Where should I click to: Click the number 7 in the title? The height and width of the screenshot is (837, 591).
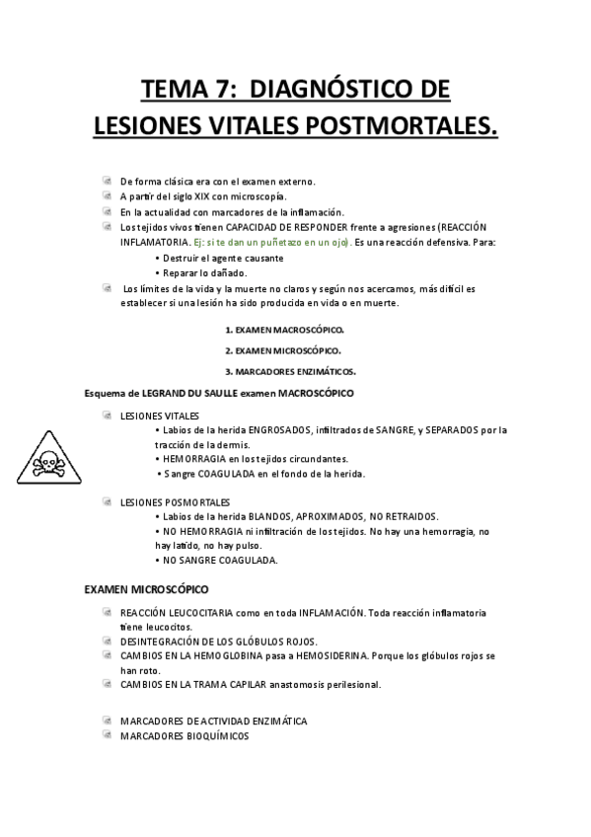tap(218, 91)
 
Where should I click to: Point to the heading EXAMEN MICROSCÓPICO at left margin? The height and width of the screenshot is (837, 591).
tap(146, 589)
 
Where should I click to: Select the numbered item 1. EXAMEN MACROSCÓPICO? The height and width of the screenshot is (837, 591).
tap(284, 330)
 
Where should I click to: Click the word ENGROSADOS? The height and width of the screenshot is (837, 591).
tap(277, 429)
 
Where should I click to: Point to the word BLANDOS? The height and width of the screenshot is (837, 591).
tap(271, 516)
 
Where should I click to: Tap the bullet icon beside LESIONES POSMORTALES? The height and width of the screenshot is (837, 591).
tap(107, 501)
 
